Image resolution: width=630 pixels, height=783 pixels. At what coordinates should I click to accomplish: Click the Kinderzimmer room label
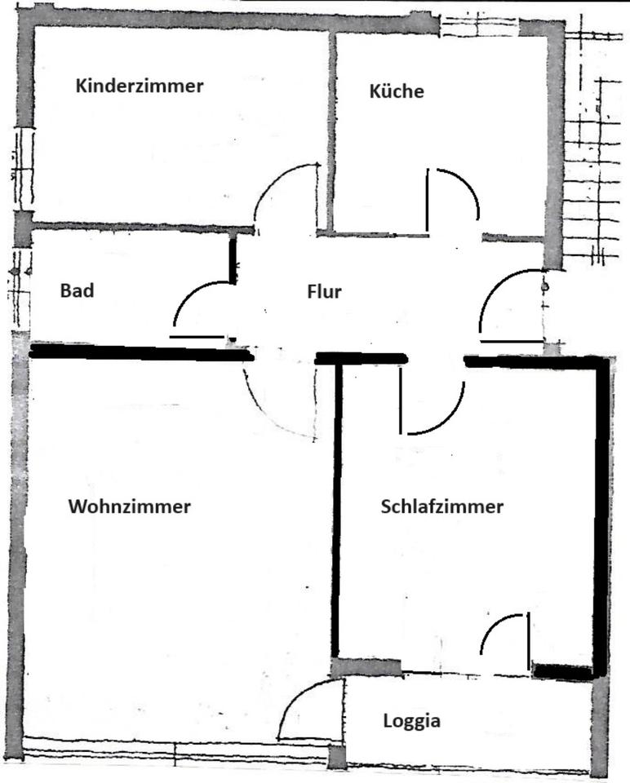click(x=140, y=86)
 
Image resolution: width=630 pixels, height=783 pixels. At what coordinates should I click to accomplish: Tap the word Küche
click(x=397, y=91)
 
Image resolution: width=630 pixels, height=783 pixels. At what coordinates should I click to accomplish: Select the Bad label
click(x=77, y=290)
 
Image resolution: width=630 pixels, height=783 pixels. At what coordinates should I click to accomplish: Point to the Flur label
click(x=324, y=292)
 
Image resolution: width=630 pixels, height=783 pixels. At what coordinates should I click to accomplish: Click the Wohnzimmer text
click(x=130, y=507)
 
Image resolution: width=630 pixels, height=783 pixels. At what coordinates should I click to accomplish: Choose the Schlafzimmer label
click(x=441, y=507)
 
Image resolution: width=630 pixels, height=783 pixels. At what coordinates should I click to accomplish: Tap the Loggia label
click(x=412, y=721)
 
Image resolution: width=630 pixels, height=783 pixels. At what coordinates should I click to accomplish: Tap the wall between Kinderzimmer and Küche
click(x=331, y=130)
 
